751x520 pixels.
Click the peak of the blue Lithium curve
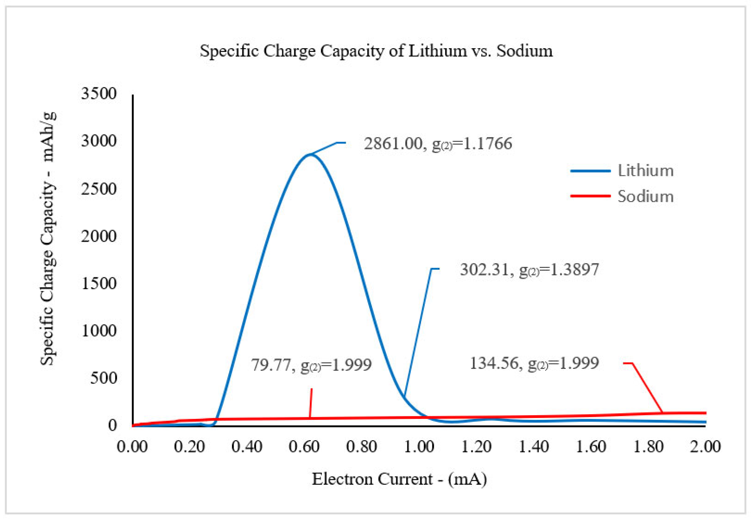coord(310,154)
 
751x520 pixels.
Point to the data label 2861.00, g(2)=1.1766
coord(437,144)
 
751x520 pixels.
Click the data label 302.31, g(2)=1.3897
coord(529,270)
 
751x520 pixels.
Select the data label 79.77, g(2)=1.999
coord(311,365)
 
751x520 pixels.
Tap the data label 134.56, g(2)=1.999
coord(534,363)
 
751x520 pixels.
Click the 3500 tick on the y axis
coord(98,94)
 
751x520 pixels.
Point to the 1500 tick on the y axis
coord(98,283)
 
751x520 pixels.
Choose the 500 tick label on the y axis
coord(103,378)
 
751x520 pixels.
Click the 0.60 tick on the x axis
coord(304,446)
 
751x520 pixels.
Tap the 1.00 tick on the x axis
coord(419,446)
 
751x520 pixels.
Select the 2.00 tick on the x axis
coord(705,446)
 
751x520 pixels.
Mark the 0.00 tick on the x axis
coord(132,446)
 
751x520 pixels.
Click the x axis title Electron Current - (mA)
coord(399,479)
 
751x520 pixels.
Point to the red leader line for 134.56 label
coord(647,388)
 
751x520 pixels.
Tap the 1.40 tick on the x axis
coord(533,446)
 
